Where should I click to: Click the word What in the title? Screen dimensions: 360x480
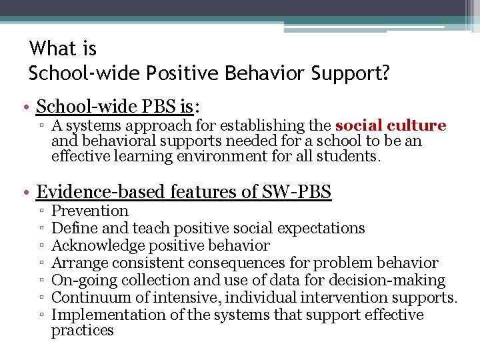coord(63,49)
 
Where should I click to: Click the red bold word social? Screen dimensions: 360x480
coord(361,125)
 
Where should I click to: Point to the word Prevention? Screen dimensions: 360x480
coord(90,211)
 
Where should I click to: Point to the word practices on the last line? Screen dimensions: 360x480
coord(83,331)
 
